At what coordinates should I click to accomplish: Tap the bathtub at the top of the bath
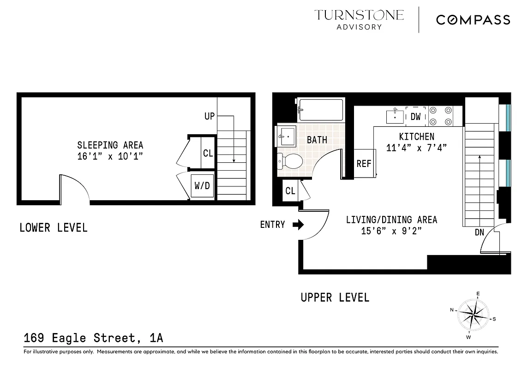point(321,110)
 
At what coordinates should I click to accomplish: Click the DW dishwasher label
point(415,117)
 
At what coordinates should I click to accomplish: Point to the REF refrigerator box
point(364,163)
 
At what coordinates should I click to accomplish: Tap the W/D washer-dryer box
point(202,186)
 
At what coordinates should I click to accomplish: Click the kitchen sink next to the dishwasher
point(395,115)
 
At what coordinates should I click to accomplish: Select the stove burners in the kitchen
point(441,116)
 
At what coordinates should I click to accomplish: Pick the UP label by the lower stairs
point(210,116)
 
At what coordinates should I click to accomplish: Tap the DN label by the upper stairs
point(480,232)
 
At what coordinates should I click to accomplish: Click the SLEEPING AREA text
point(110,145)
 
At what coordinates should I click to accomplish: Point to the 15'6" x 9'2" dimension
point(391,231)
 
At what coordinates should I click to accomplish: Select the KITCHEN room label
point(416,137)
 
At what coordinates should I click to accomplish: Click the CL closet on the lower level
point(208,153)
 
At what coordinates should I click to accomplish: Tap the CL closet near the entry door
point(290,191)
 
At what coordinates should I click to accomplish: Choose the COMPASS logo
point(473,20)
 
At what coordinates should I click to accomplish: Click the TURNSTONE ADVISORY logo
point(359,19)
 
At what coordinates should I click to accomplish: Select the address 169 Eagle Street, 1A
point(93,338)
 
